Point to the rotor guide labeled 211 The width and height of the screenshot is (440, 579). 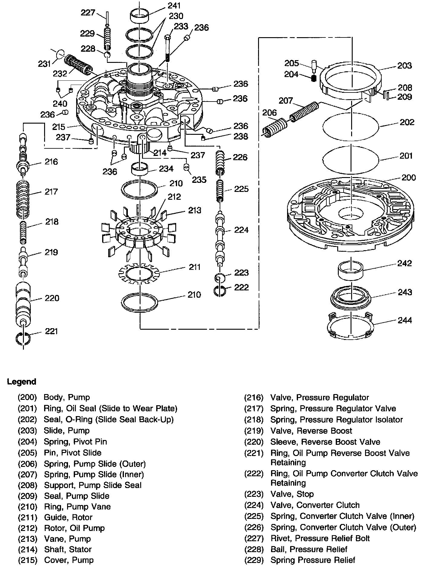[x=140, y=274]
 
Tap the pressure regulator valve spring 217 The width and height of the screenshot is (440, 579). [x=23, y=198]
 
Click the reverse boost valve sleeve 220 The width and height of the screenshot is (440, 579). [x=23, y=304]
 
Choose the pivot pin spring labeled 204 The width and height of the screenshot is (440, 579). [x=314, y=79]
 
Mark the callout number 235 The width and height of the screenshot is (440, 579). [x=199, y=180]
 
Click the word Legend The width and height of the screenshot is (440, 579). [x=21, y=382]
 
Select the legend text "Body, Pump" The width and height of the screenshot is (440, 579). [x=67, y=397]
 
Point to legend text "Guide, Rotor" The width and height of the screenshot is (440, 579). [x=68, y=517]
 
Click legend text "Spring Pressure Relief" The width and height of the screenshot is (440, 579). [x=312, y=560]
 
